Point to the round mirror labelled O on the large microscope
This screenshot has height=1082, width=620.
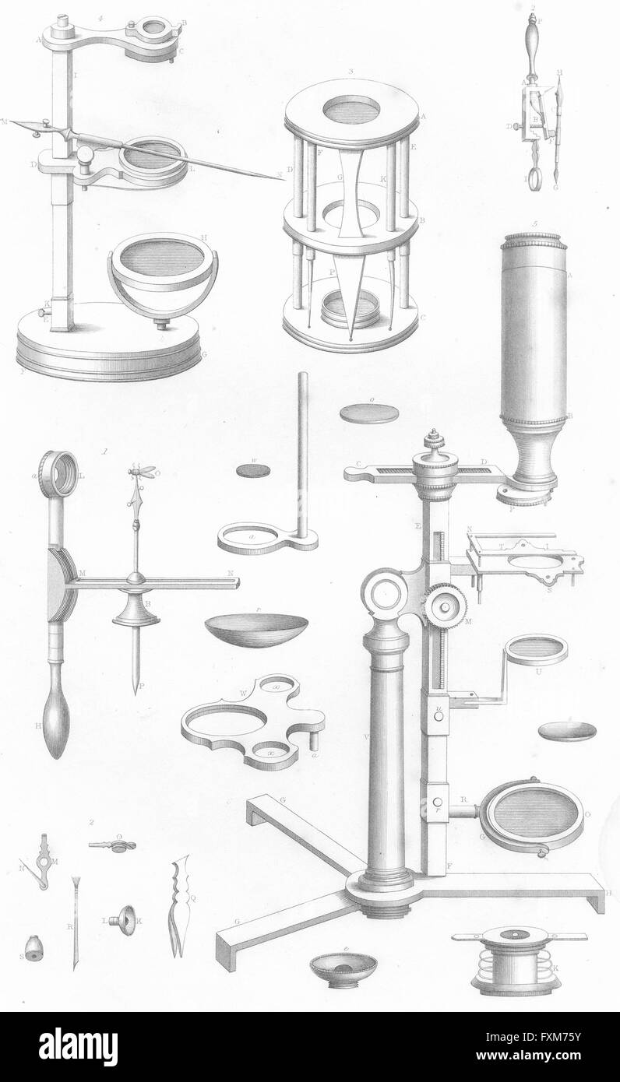532,814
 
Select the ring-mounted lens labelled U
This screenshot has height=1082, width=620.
534,649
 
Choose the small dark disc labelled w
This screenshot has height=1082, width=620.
252,470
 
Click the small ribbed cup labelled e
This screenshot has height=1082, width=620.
343,967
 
